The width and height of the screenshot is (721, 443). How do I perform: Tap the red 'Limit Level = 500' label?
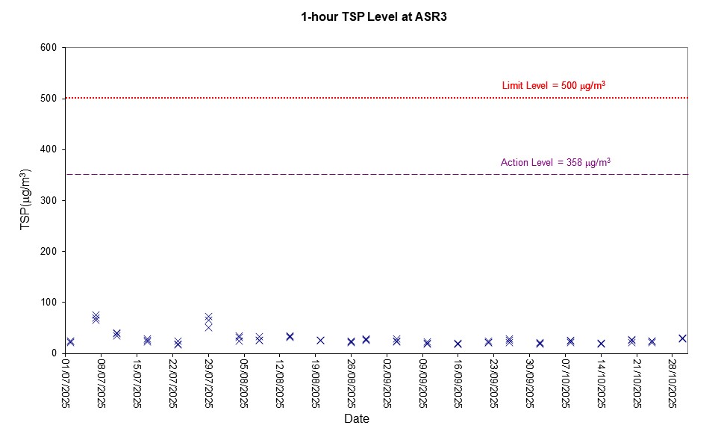tap(553, 86)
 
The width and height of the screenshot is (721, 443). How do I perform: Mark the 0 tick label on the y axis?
tap(55, 353)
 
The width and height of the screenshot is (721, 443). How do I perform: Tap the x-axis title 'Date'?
tap(357, 419)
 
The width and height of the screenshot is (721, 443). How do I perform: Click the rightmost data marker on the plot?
tap(682, 338)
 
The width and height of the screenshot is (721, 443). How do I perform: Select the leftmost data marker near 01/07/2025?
tap(70, 341)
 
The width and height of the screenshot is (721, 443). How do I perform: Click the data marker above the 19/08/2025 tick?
tap(320, 340)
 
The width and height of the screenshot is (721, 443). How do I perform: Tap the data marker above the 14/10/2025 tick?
tap(601, 344)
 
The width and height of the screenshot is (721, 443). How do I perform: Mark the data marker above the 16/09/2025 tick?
tap(458, 344)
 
